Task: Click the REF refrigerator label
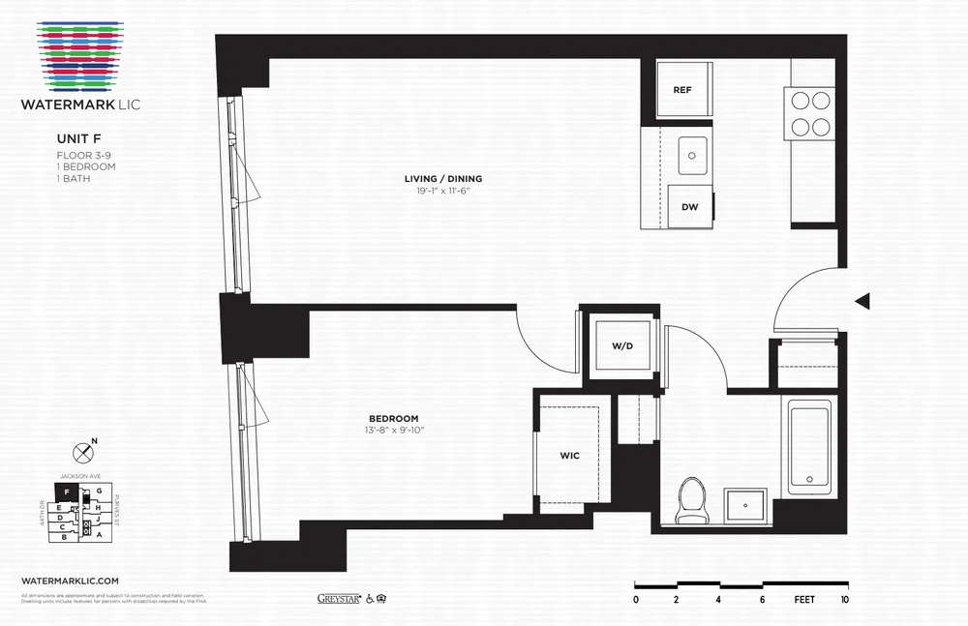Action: pos(682,90)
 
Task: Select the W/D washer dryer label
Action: pos(621,345)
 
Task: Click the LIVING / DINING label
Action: pos(443,179)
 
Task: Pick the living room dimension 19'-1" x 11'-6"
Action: pos(443,192)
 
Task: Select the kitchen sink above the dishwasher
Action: pos(691,154)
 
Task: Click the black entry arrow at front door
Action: pos(862,302)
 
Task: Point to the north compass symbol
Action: pos(83,453)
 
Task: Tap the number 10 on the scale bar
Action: pos(846,600)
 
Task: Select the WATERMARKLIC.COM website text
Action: pos(70,578)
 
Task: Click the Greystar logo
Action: pos(339,598)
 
